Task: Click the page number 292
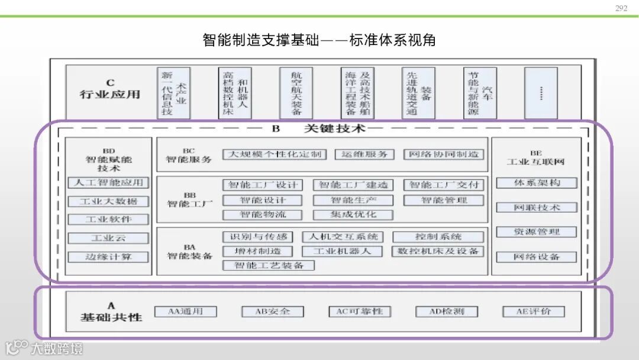[x=621, y=8]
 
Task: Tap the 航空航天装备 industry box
[x=296, y=93]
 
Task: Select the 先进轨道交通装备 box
[x=418, y=93]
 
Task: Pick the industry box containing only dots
[x=541, y=93]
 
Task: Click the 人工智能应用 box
[x=108, y=183]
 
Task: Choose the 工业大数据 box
[x=108, y=201]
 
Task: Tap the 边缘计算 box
[x=108, y=257]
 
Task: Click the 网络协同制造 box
[x=443, y=155]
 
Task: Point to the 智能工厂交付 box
[x=443, y=185]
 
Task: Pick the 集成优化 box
[x=353, y=214]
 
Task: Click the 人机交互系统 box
[x=343, y=237]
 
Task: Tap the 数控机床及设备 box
[x=437, y=251]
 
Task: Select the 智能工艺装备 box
[x=268, y=265]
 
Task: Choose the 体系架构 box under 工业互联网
[x=537, y=183]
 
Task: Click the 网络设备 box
[x=537, y=257]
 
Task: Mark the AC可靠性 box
[x=360, y=311]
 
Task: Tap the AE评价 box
[x=533, y=311]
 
